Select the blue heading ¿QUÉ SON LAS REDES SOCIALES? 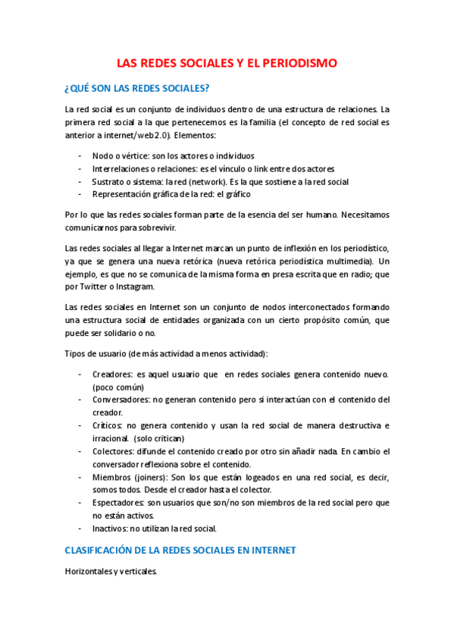click(137, 88)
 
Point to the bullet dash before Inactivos click(80, 528)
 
